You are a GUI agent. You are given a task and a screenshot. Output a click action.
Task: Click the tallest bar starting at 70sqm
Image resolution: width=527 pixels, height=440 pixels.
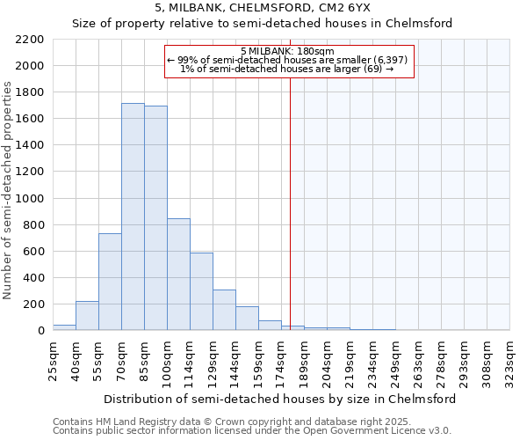pyautogui.click(x=133, y=216)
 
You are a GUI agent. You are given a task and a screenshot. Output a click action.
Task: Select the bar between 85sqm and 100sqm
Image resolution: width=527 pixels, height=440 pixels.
pyautogui.click(x=155, y=218)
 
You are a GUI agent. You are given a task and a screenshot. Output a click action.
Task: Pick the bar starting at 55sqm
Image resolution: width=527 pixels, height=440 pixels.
pyautogui.click(x=110, y=282)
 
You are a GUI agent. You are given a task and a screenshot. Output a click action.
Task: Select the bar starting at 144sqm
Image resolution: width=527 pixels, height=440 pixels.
pyautogui.click(x=247, y=319)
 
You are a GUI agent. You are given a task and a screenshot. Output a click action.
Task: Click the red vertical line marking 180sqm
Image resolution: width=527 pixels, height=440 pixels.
pyautogui.click(x=290, y=202)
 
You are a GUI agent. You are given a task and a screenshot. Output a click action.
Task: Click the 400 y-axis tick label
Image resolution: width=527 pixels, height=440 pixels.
pyautogui.click(x=34, y=278)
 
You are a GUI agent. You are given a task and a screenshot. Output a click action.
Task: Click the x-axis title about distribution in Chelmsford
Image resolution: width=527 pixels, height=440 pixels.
pyautogui.click(x=280, y=399)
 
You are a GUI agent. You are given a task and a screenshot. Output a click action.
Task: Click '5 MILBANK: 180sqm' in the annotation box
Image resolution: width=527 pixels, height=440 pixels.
pyautogui.click(x=286, y=51)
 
